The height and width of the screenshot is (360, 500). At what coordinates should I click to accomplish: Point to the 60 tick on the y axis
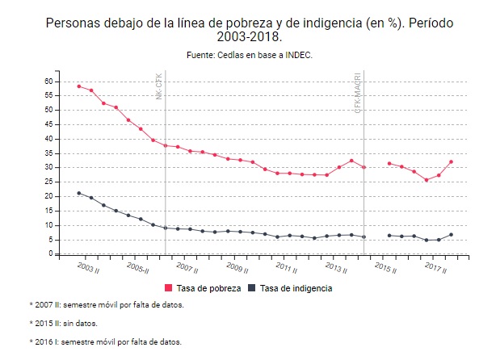coord(48,82)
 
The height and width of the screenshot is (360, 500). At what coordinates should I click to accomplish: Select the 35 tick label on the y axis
coord(48,153)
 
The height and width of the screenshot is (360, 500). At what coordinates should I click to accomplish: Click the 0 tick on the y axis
coord(50,253)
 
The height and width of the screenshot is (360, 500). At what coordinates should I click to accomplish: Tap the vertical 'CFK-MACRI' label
coord(357,92)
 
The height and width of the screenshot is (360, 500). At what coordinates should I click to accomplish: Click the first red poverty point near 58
coord(78,86)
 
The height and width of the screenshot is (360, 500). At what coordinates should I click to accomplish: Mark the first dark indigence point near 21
coord(78,193)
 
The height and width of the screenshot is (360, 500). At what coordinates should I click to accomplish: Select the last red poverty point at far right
coord(451,161)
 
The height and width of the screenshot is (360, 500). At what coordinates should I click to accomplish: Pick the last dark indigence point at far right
coord(451,235)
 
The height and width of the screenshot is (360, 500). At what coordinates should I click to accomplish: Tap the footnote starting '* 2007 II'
coord(106,304)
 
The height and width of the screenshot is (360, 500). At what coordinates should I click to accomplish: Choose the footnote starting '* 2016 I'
coord(104,341)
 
